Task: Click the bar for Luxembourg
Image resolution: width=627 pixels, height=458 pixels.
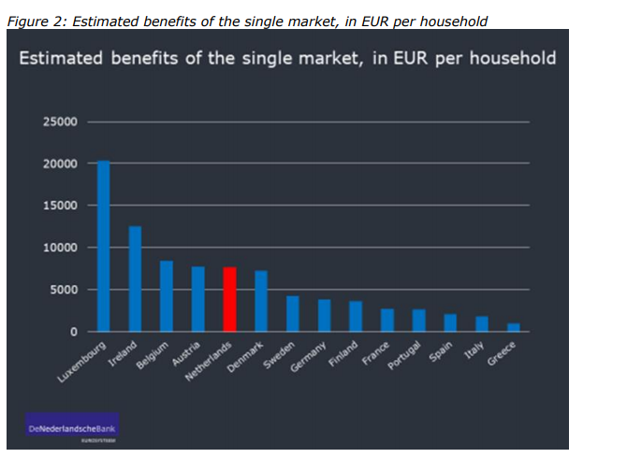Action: click(103, 247)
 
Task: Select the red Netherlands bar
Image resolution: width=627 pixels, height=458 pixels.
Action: click(229, 299)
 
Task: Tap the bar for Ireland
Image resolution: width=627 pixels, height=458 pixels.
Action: click(135, 279)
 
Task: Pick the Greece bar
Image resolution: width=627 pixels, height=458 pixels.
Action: click(513, 327)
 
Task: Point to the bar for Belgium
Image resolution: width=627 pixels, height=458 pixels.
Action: click(167, 296)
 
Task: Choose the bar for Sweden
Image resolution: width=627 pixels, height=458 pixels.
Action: click(292, 314)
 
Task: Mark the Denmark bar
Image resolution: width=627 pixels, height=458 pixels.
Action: click(261, 301)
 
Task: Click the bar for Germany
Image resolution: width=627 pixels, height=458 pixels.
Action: click(324, 316)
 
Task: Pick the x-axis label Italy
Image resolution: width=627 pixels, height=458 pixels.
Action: click(474, 351)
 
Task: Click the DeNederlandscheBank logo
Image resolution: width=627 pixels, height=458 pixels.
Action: click(75, 428)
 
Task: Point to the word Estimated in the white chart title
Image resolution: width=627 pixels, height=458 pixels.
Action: click(62, 58)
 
